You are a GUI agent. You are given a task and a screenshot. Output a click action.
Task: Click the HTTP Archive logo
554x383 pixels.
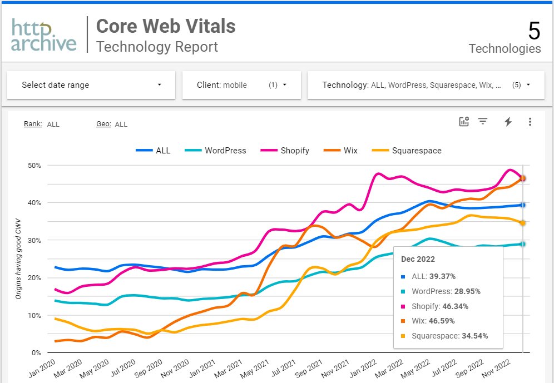(x=44, y=35)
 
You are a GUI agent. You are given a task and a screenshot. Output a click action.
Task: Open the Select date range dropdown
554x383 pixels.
(x=91, y=85)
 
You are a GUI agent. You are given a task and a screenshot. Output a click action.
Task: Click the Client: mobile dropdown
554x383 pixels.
(x=241, y=85)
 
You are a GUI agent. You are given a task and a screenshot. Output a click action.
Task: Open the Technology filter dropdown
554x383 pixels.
(x=426, y=85)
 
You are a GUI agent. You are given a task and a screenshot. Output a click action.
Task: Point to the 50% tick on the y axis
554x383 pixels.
(x=34, y=165)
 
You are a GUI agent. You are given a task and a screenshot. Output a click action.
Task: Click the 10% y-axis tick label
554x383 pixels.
(x=34, y=315)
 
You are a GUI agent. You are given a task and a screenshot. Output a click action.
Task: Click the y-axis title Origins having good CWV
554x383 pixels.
(x=18, y=258)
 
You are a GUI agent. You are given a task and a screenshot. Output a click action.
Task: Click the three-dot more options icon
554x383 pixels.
(x=530, y=122)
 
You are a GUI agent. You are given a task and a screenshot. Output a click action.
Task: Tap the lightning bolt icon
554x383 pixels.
(x=507, y=122)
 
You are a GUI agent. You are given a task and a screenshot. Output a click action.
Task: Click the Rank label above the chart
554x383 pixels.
(x=33, y=124)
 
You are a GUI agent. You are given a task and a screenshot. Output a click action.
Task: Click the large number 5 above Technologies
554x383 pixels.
(x=533, y=31)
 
